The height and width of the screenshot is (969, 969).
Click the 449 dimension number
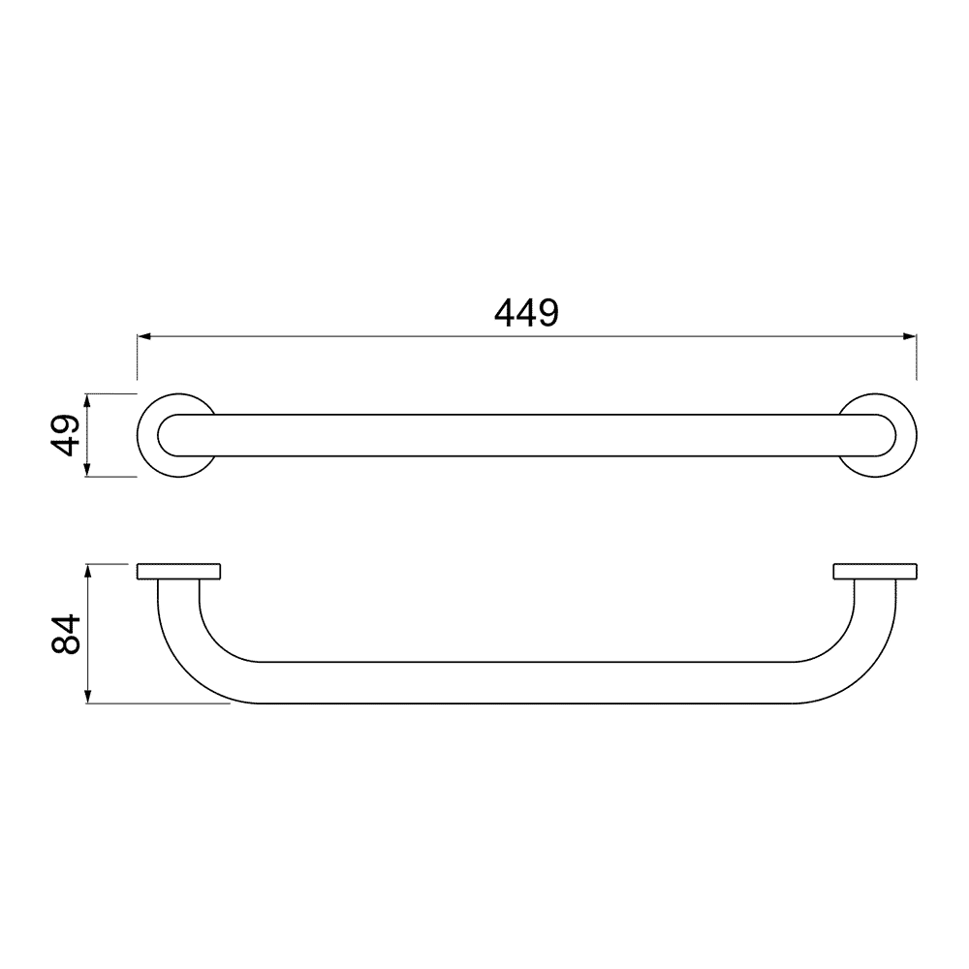(526, 313)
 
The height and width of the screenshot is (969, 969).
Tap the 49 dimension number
(65, 435)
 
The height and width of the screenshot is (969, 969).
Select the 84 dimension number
(65, 634)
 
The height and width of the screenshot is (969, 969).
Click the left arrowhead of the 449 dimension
(144, 337)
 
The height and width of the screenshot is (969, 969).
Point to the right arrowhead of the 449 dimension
(909, 337)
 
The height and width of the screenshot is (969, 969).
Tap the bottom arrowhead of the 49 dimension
(87, 470)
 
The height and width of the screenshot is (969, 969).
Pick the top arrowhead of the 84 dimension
(88, 571)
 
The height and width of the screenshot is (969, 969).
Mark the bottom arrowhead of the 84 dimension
(88, 697)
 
